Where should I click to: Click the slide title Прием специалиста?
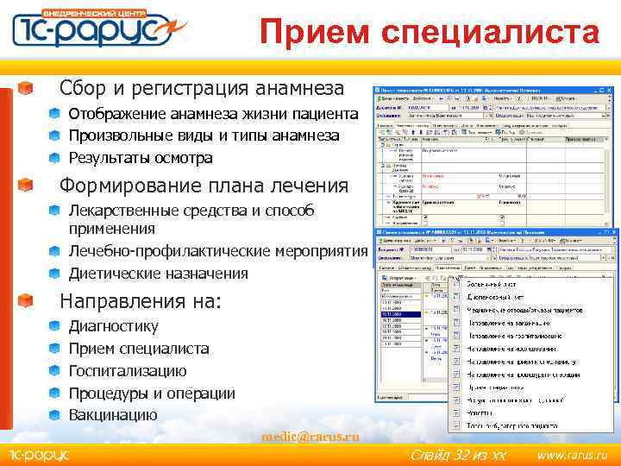tap(430, 33)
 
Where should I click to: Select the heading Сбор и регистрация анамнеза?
tap(201, 88)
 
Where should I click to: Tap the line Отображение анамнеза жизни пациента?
tap(213, 114)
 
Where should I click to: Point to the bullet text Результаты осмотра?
tap(140, 158)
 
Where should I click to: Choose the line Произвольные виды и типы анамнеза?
tap(204, 135)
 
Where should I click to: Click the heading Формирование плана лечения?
tap(204, 186)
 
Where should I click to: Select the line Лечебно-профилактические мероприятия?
tap(217, 251)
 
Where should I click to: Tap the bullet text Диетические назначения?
tap(158, 274)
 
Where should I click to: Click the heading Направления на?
tap(140, 302)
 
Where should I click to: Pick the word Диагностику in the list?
tap(113, 326)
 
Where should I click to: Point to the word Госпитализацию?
tap(127, 371)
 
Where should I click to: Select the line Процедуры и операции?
tap(152, 394)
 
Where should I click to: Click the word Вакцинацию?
tap(113, 415)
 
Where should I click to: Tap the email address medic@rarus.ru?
tap(310, 437)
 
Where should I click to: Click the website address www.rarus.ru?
tap(572, 455)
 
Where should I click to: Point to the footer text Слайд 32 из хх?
tap(457, 455)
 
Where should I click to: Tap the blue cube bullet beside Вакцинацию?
tap(53, 415)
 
